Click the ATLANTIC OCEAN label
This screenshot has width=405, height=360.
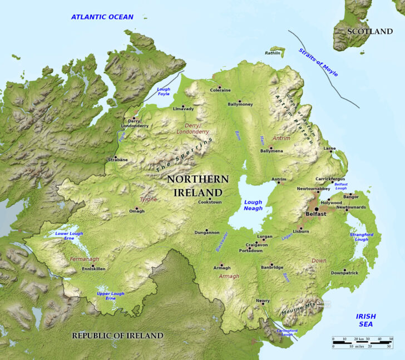coord(102,17)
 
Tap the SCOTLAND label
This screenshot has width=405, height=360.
coord(369,32)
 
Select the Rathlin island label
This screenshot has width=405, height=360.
coord(273,53)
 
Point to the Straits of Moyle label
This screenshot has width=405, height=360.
coord(318,62)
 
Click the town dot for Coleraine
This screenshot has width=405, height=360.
coord(220,87)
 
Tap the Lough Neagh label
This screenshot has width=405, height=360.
coord(253,205)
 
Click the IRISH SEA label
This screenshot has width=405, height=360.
coord(366,320)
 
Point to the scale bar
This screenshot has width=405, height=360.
coord(362,342)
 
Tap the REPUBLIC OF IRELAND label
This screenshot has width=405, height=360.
coord(117,336)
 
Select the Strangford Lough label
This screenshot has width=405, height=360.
coord(362,237)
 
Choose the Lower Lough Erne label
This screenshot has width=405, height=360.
coord(68,236)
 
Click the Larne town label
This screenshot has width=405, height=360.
coord(330,149)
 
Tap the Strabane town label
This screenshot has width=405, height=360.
coord(118,160)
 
